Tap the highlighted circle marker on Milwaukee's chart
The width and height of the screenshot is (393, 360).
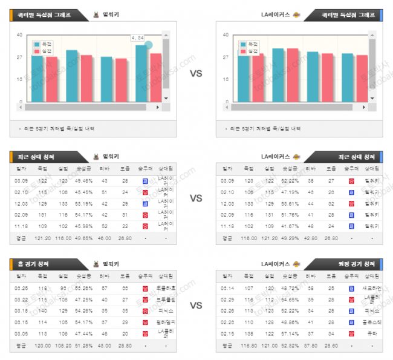149,45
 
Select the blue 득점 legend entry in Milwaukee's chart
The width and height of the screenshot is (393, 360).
43,44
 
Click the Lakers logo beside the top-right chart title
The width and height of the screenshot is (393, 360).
295,14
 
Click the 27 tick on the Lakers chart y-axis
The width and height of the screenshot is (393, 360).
226,57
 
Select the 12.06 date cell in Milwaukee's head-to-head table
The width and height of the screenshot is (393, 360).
22,203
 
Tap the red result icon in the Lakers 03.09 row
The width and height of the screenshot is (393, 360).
351,180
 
